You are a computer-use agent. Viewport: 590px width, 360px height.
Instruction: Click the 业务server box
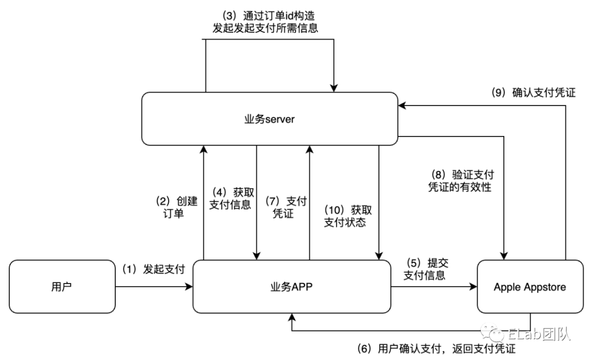[x=269, y=119]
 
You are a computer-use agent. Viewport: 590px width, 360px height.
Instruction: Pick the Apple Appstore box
[x=530, y=286]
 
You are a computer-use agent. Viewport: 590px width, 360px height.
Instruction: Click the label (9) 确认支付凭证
[x=533, y=92]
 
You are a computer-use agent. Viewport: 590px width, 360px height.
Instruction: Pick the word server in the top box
[x=280, y=119]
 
